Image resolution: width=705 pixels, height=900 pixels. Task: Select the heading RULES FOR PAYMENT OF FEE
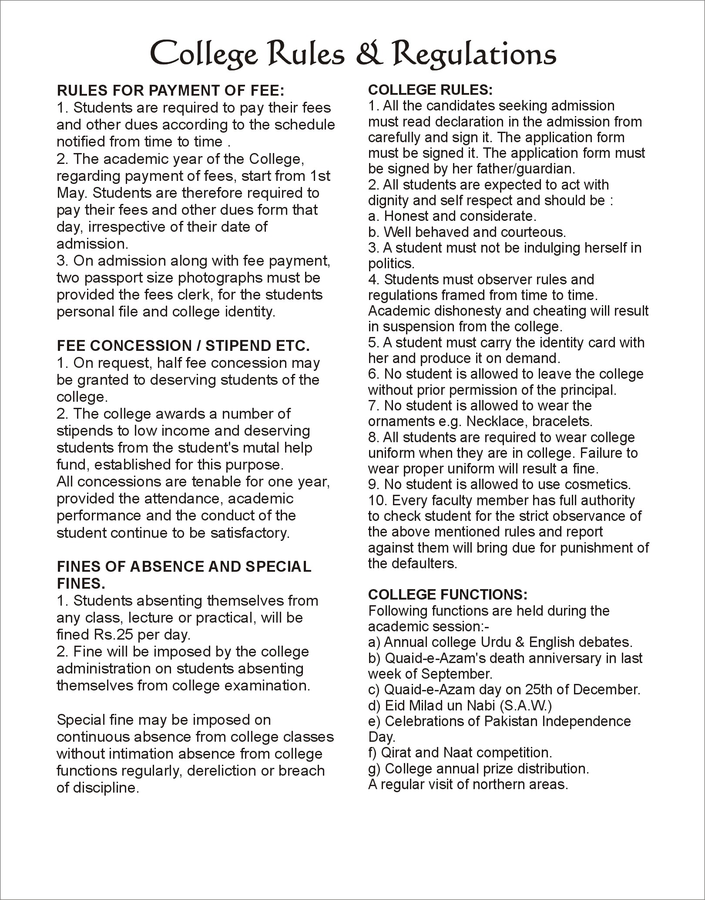tap(170, 90)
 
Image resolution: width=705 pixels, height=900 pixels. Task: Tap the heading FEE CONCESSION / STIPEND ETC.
tap(183, 346)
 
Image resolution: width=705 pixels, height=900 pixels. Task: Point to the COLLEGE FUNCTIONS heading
tap(448, 595)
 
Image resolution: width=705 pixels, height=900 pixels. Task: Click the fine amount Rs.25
tap(113, 635)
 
